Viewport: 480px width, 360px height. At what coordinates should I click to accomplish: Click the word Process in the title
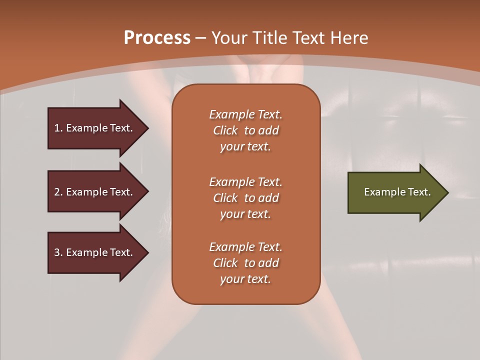tap(157, 37)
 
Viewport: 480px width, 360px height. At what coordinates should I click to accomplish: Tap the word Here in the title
tap(349, 37)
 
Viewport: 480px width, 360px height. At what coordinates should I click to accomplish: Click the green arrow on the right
tap(395, 192)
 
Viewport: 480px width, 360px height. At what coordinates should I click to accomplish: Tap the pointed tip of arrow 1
tap(147, 128)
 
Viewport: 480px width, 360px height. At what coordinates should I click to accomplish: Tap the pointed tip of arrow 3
tap(147, 252)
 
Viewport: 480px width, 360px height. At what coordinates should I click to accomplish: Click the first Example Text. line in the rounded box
tap(245, 114)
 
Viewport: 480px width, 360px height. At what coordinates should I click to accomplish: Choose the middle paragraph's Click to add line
tap(245, 198)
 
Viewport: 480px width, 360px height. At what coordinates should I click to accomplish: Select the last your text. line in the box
tap(245, 279)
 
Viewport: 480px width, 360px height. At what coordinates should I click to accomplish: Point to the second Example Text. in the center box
tap(245, 182)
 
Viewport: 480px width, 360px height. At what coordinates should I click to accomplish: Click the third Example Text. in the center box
tap(245, 247)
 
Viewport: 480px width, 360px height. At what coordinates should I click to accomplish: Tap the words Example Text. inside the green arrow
tap(397, 192)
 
